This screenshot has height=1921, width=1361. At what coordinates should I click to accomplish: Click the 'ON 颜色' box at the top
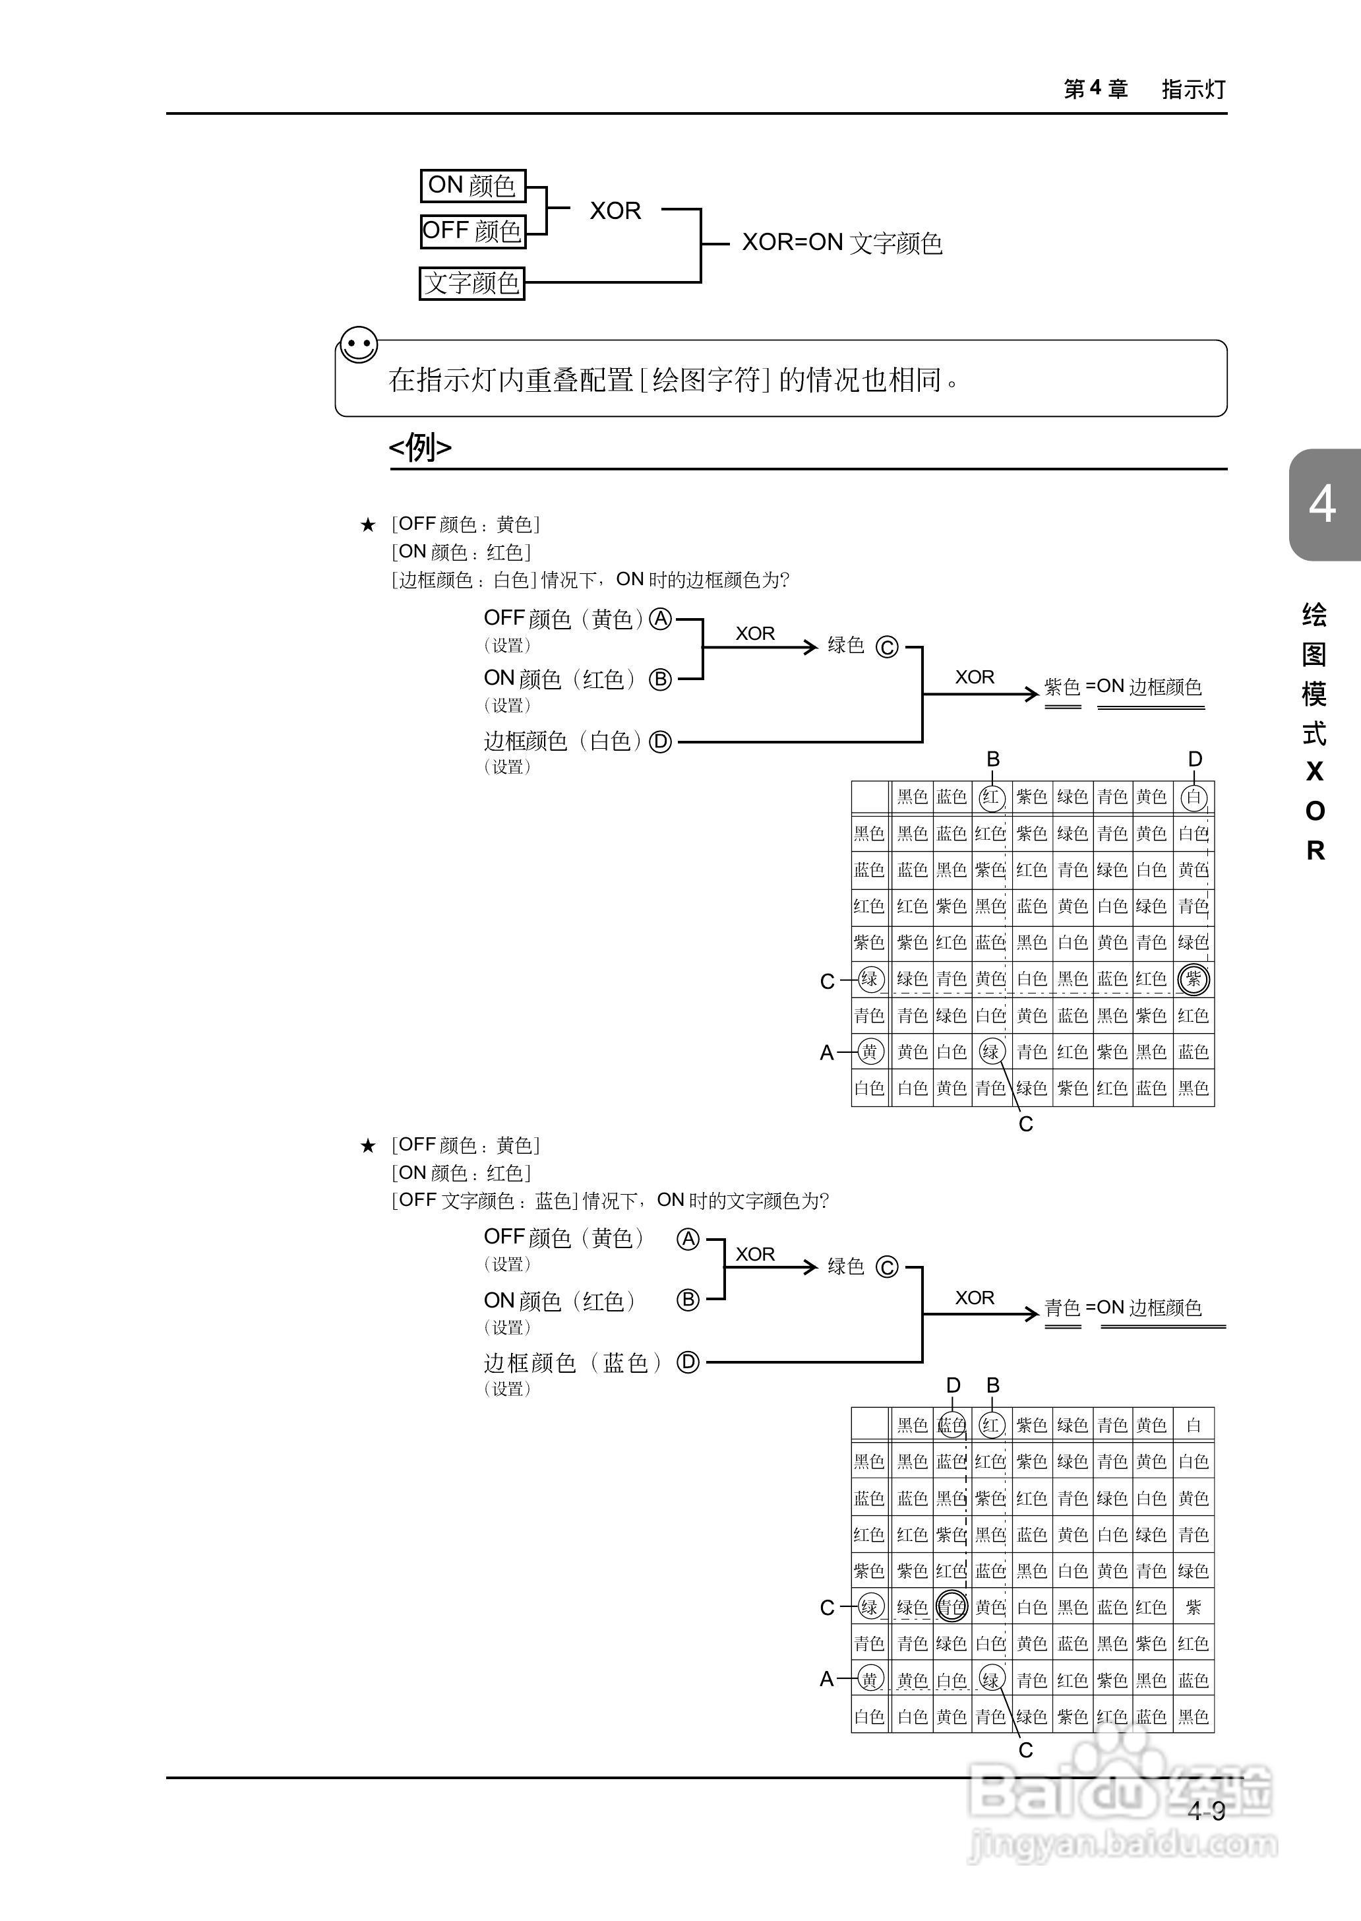click(472, 185)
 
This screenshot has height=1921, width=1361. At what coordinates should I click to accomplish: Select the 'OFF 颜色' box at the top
click(472, 231)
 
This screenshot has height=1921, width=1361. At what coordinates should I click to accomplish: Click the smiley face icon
click(359, 344)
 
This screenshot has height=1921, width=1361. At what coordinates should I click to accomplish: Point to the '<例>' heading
click(420, 447)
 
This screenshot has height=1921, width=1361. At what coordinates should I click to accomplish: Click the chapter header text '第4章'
click(1095, 89)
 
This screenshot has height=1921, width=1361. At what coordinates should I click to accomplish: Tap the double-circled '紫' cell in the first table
click(1194, 978)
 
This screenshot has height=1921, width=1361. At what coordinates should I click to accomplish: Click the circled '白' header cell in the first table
click(1194, 797)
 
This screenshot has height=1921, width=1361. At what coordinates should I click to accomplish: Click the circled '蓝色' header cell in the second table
click(952, 1425)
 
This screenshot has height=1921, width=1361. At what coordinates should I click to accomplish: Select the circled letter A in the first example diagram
click(661, 619)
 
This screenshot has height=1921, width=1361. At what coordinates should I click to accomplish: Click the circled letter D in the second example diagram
click(688, 1362)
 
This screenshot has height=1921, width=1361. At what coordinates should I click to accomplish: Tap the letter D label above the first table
click(1195, 759)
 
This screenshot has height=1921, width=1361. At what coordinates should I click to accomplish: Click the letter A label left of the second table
click(827, 1679)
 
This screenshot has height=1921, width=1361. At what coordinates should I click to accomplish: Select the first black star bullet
click(368, 525)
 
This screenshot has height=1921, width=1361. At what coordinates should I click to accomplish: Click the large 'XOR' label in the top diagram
click(615, 210)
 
